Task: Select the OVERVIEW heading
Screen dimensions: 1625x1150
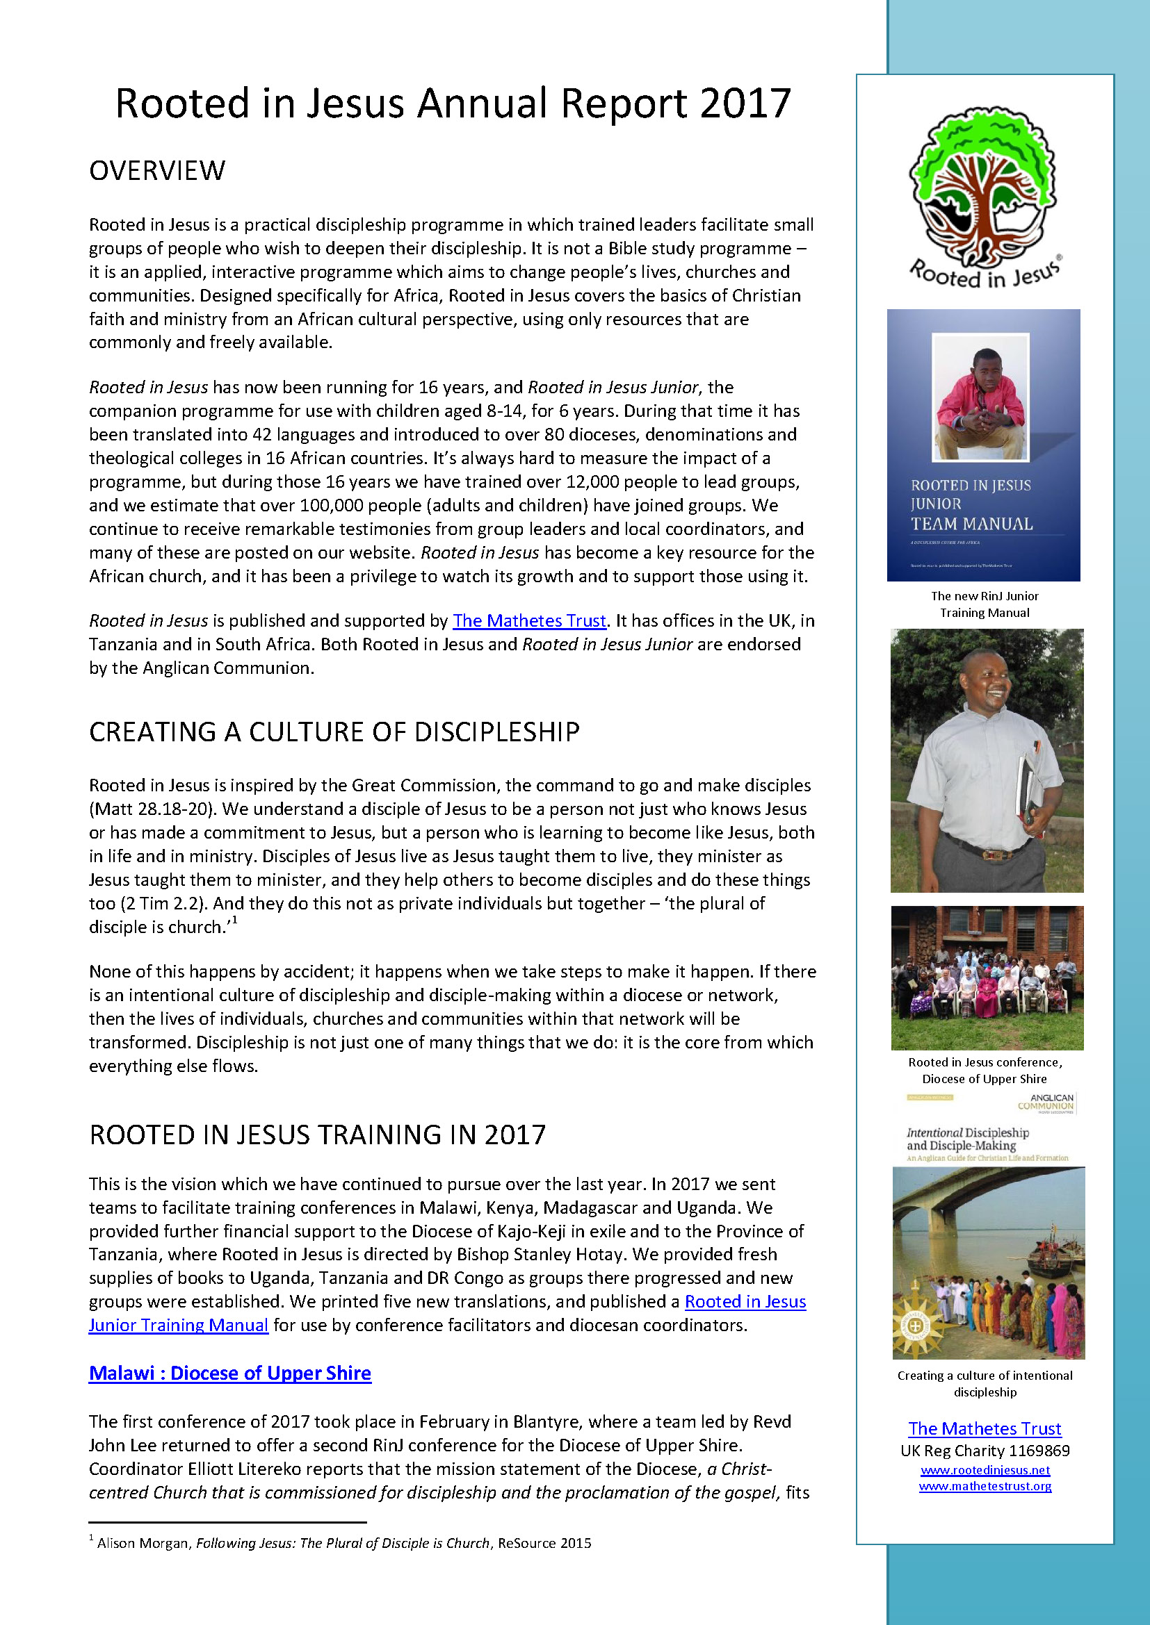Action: pos(157,171)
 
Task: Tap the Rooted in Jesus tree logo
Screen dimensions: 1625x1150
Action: pos(984,191)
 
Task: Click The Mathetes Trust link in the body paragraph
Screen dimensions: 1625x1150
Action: pos(529,620)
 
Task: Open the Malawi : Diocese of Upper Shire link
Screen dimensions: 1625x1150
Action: pos(229,1373)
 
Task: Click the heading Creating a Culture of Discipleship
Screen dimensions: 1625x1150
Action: pos(334,732)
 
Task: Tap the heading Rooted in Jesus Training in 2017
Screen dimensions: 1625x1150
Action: pos(317,1135)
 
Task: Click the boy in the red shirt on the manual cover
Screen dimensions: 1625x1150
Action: pos(981,400)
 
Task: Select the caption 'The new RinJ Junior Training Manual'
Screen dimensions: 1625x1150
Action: pos(985,604)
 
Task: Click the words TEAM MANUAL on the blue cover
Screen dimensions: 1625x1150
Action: pos(971,524)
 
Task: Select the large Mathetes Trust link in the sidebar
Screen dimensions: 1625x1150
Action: pos(985,1428)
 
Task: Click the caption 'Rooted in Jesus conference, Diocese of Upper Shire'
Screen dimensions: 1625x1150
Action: pos(985,1070)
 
